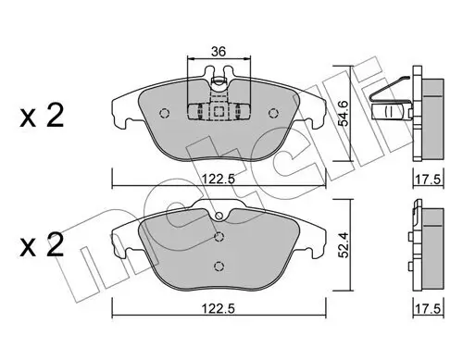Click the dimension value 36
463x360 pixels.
[219, 51]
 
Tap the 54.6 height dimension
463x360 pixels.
[343, 113]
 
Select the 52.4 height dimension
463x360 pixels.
[343, 245]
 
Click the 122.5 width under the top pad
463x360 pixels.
[219, 179]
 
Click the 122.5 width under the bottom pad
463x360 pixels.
[219, 308]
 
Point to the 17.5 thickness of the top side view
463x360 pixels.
[429, 180]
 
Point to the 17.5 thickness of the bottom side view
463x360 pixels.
[429, 309]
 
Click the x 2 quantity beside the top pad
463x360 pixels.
[42, 116]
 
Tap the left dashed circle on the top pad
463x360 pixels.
[165, 113]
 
